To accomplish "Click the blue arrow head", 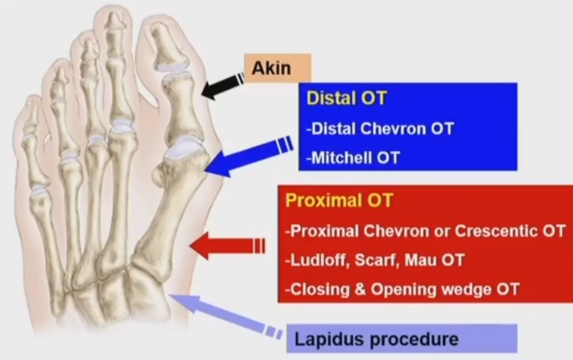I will tap(216, 164).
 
